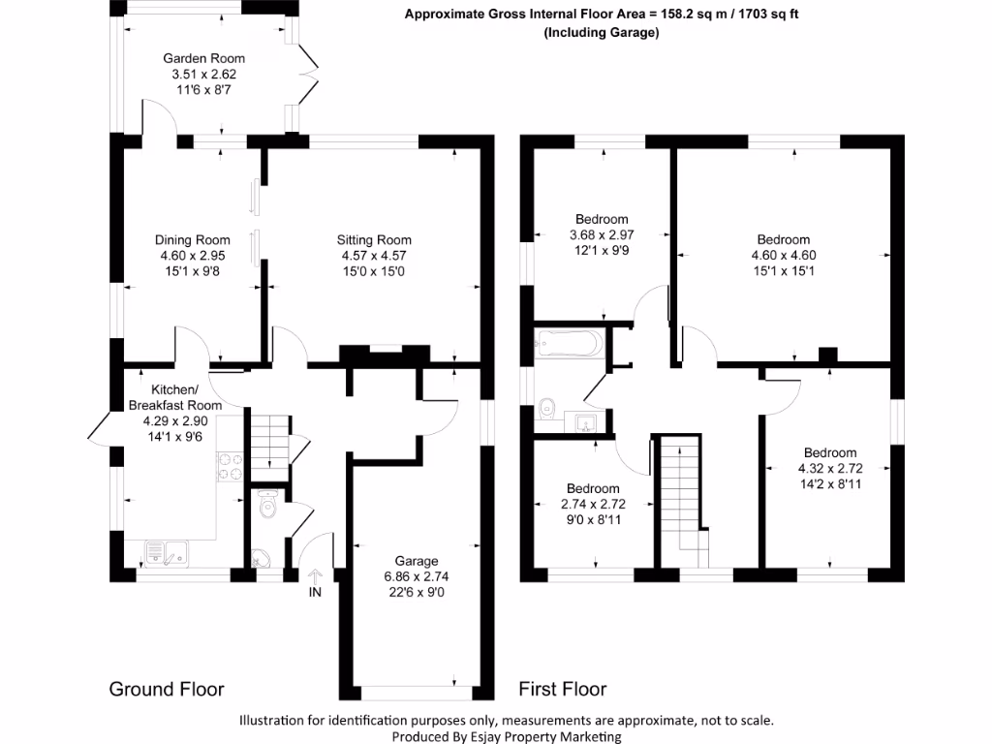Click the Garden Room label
tap(203, 58)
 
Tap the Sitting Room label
tap(374, 240)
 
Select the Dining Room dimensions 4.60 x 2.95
tap(193, 256)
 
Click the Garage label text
tap(417, 561)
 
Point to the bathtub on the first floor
tap(568, 344)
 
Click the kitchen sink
tap(167, 552)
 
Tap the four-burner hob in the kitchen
tap(230, 467)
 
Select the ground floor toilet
tap(268, 504)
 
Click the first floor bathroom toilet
tap(546, 410)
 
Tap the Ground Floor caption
tap(167, 689)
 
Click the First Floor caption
tap(563, 689)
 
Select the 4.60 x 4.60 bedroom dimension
tap(783, 256)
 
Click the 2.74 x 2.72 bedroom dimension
tap(593, 504)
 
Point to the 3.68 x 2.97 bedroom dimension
tap(602, 234)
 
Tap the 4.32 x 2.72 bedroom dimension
tap(830, 469)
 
